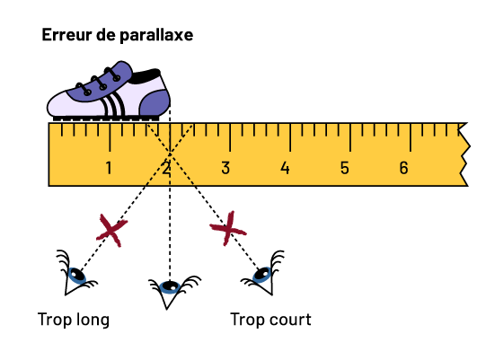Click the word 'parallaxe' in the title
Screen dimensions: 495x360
click(156, 35)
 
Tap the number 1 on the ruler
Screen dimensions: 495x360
click(109, 168)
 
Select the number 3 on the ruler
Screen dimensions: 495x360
click(225, 168)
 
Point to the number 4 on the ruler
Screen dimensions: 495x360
click(285, 168)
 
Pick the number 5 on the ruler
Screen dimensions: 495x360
click(345, 168)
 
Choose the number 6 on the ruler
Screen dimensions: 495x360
click(403, 168)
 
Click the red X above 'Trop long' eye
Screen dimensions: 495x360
click(111, 231)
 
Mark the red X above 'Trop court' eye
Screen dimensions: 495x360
click(228, 228)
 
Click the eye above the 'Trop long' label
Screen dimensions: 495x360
click(76, 275)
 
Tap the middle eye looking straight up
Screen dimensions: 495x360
click(170, 288)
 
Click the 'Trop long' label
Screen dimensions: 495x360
click(74, 320)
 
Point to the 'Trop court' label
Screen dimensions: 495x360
click(271, 320)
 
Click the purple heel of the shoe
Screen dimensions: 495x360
click(155, 102)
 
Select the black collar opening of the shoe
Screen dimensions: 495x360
click(146, 76)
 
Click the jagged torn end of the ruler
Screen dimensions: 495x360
click(464, 154)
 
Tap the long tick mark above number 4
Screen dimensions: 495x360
click(290, 137)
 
